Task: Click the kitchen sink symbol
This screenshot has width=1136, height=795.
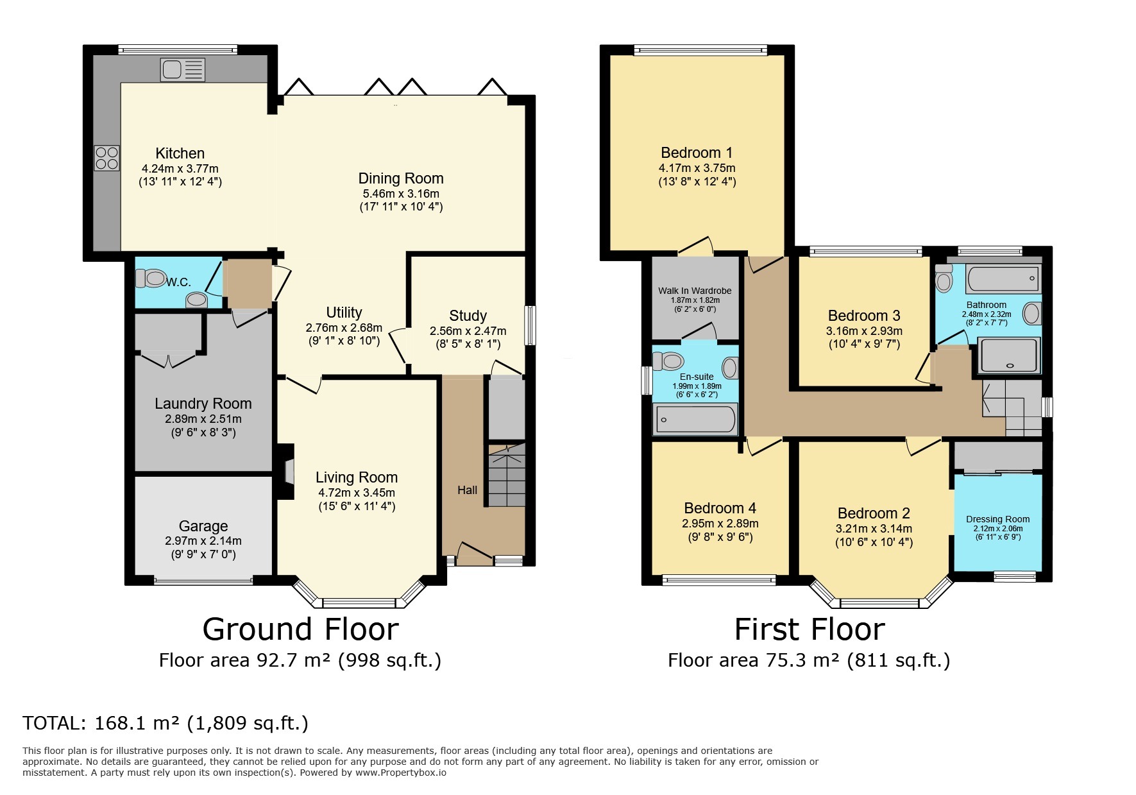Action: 183,69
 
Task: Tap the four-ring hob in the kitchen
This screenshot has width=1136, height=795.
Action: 107,158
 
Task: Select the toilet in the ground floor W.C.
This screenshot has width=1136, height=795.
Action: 150,278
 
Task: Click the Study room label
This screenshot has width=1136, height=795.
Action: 468,316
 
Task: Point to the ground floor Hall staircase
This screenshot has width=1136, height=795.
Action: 507,477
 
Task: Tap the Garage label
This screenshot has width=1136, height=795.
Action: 203,526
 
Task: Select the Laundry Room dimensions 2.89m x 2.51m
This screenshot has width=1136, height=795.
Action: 203,419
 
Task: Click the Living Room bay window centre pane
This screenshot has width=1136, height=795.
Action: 359,603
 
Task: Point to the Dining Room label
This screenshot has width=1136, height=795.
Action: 401,178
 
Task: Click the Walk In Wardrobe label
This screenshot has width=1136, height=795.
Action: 695,291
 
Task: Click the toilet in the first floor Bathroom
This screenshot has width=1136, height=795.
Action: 943,280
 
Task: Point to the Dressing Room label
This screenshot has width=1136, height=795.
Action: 997,519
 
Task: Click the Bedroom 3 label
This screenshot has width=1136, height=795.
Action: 864,316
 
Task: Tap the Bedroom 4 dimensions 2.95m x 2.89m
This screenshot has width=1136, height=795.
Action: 720,524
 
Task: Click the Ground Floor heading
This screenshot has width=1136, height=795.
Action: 300,629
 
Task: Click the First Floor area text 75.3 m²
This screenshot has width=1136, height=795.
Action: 808,660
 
